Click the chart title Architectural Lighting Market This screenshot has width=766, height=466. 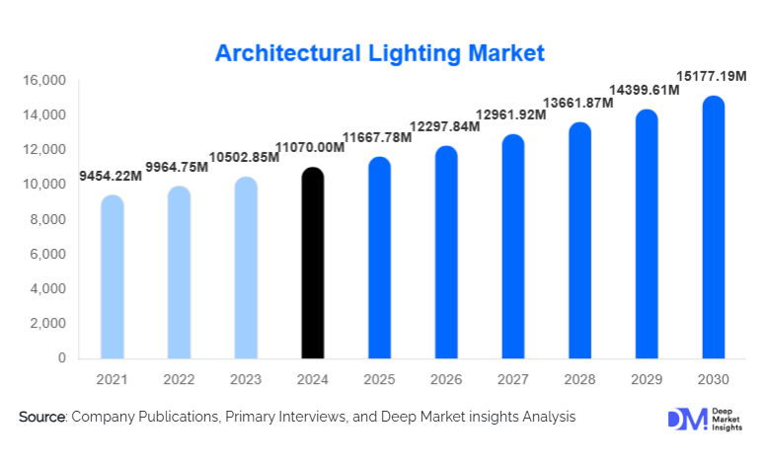[x=380, y=52]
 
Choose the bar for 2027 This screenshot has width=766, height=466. [x=513, y=247]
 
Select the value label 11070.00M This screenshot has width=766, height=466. [x=312, y=148]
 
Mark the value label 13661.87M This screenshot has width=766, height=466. [x=580, y=104]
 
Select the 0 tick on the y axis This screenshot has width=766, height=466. [x=60, y=358]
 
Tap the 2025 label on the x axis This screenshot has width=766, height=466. [x=379, y=380]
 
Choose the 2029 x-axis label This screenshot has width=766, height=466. [x=647, y=380]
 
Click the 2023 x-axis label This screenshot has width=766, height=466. [x=246, y=380]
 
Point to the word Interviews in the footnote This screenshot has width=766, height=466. [x=308, y=418]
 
